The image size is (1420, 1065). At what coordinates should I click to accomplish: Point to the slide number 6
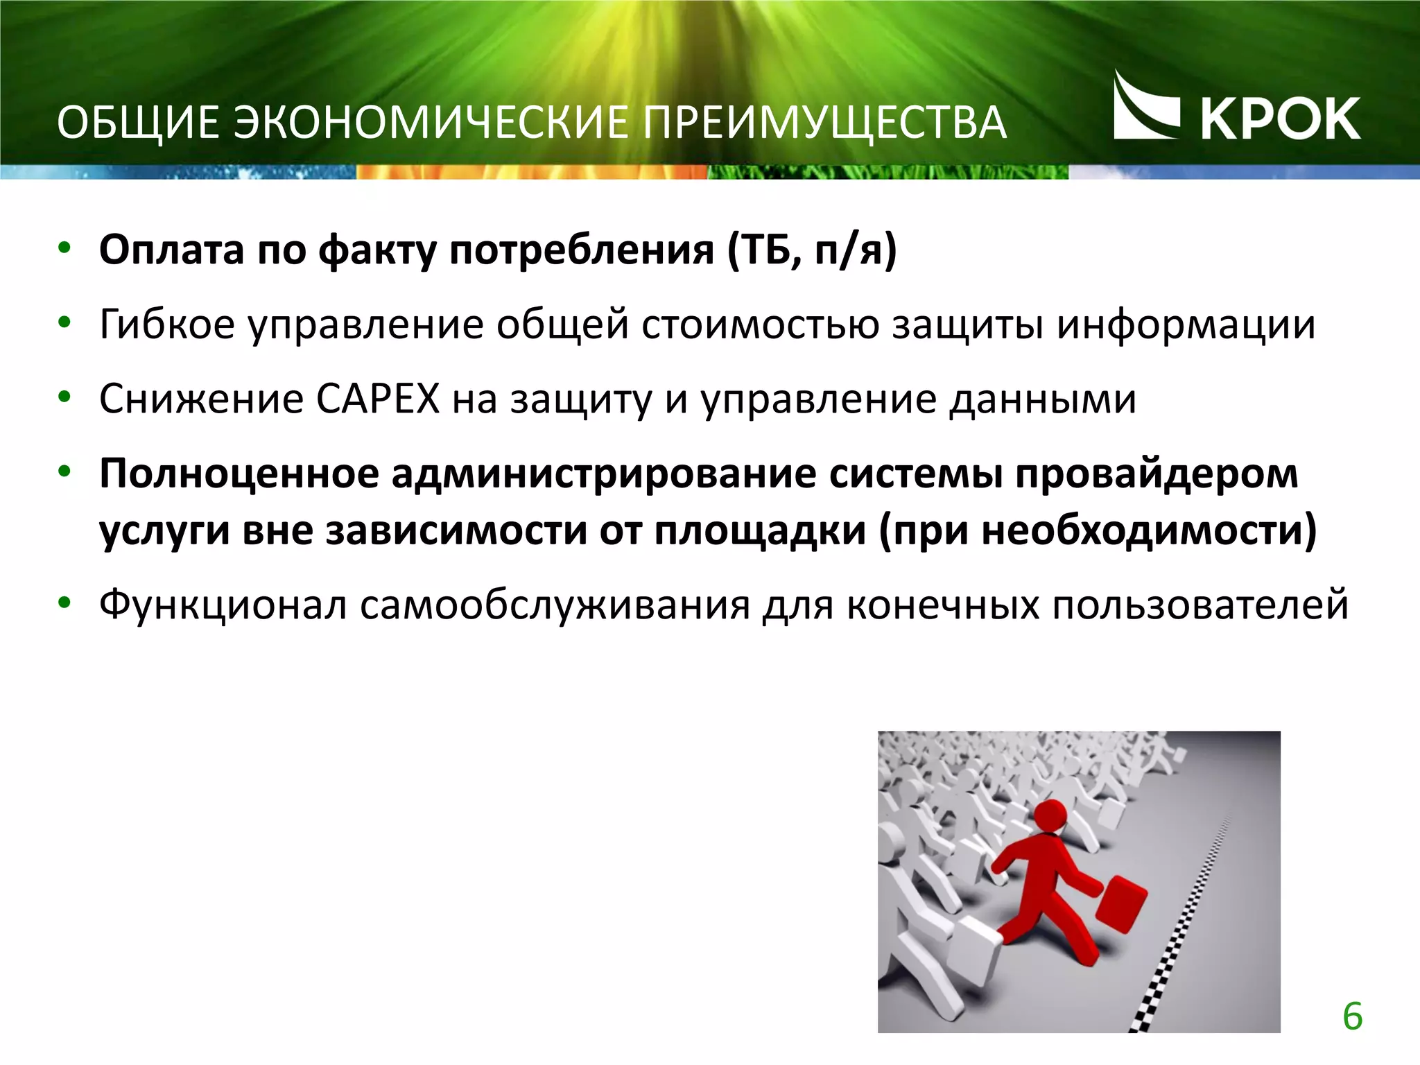click(1352, 1016)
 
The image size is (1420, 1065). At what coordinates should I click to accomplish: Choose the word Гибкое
click(167, 324)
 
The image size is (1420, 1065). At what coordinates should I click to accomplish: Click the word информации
click(1186, 324)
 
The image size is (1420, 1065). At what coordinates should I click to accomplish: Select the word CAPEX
click(378, 399)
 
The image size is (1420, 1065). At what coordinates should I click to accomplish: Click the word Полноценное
click(239, 474)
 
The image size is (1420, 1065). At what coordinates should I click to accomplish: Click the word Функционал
click(223, 605)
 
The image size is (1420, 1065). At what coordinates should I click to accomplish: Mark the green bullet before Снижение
click(64, 398)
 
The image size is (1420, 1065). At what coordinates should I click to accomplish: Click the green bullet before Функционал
click(64, 603)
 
